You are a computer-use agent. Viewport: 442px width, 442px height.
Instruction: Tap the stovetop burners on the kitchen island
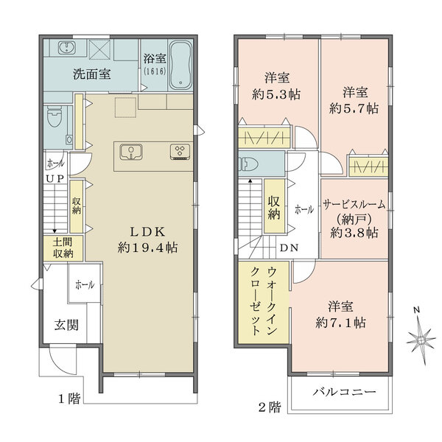tap(179, 152)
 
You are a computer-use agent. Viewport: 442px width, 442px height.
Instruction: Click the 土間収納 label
tap(62, 248)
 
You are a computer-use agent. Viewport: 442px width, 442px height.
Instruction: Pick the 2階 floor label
tap(269, 404)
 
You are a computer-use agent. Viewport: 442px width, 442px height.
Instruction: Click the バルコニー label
tap(340, 391)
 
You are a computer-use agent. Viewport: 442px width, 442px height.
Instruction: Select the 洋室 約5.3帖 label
tap(277, 85)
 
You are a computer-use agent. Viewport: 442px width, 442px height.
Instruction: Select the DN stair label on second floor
tap(289, 248)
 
